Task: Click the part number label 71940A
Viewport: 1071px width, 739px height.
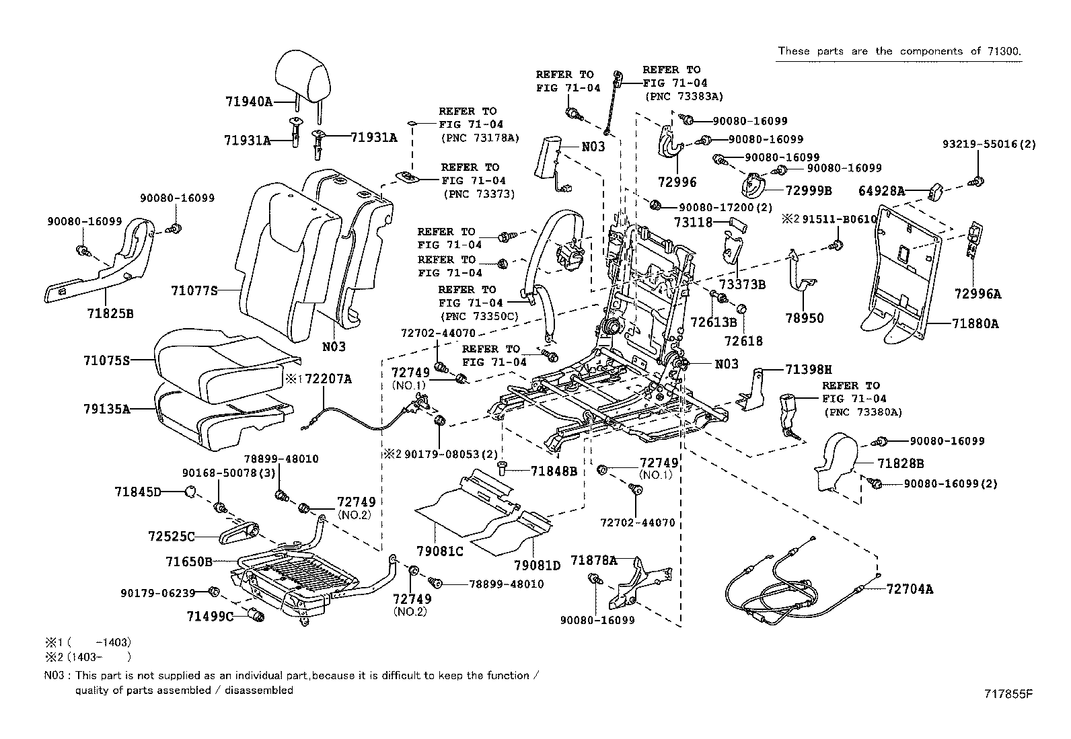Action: tap(248, 102)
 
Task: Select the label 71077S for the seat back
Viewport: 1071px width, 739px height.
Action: tap(195, 290)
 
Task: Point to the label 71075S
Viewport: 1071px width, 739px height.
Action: tap(106, 360)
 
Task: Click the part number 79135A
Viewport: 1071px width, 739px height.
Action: tap(106, 408)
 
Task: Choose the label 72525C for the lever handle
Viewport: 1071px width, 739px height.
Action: tap(172, 536)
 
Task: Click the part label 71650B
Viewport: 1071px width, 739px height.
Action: tap(189, 561)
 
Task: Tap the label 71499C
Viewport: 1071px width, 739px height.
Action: tap(210, 616)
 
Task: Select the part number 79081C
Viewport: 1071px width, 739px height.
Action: tap(441, 551)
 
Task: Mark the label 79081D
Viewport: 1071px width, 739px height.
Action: tap(538, 566)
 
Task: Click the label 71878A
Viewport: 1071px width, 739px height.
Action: tap(593, 559)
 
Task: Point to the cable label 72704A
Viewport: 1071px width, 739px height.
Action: tap(910, 589)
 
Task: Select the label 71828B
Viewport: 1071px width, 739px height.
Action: tap(900, 463)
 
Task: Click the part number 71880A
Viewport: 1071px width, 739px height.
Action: tap(975, 323)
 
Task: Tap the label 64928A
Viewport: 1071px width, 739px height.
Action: tap(881, 191)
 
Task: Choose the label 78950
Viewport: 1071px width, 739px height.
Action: tap(805, 318)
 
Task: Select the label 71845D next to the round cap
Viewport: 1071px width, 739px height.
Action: tap(138, 492)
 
